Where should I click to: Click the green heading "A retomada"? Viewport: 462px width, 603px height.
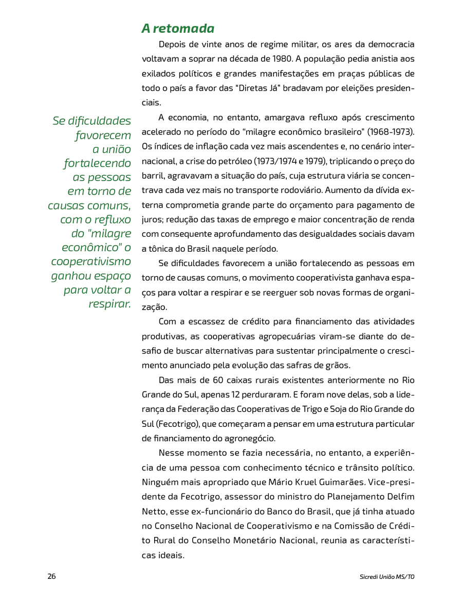pyautogui.click(x=178, y=28)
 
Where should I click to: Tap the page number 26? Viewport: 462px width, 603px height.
pyautogui.click(x=51, y=576)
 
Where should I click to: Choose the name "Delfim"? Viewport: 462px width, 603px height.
pyautogui.click(x=398, y=497)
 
